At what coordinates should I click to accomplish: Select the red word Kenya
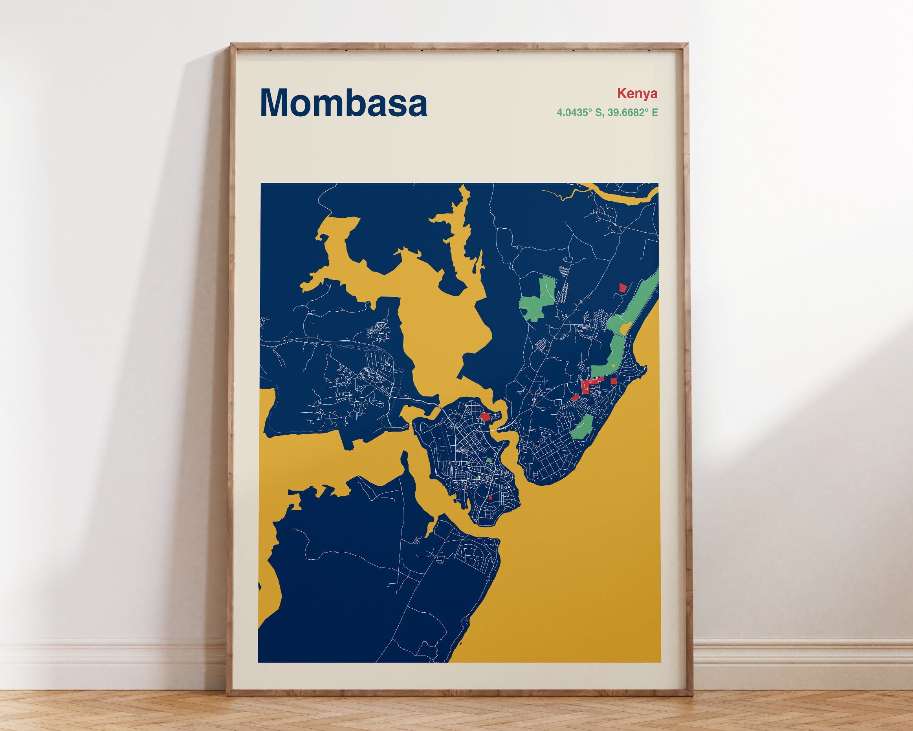coord(637,93)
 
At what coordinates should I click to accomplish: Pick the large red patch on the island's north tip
coord(484,416)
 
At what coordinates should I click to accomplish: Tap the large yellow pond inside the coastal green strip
coord(625,327)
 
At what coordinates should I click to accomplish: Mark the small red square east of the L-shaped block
coord(613,381)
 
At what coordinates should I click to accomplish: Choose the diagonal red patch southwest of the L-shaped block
coord(575,397)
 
